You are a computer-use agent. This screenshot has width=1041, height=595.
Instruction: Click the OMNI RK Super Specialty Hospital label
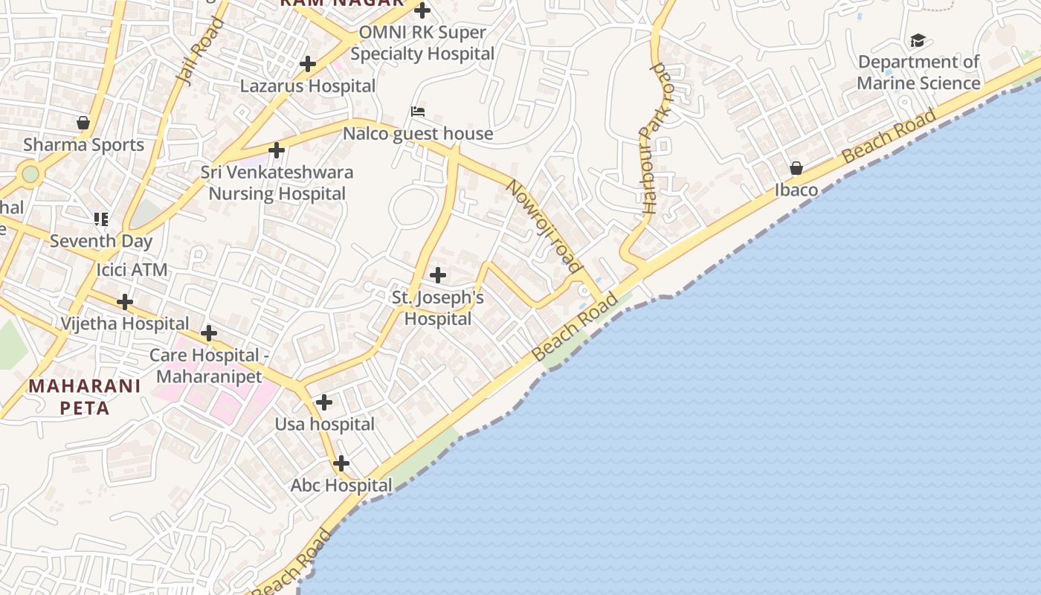tap(422, 43)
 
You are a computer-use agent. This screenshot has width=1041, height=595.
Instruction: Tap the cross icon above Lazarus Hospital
tap(308, 64)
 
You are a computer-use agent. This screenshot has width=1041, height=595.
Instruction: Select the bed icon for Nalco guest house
tap(418, 112)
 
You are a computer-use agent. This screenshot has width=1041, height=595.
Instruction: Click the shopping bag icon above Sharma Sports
tap(83, 123)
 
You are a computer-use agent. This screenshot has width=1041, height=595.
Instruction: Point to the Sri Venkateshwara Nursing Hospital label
tap(277, 183)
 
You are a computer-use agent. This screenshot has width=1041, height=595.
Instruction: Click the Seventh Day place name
tap(101, 241)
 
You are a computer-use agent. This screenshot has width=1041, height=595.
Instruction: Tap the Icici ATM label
tap(132, 269)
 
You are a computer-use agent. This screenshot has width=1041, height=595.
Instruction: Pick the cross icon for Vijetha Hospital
tap(125, 302)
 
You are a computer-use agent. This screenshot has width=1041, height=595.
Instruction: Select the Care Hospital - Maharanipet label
tap(209, 365)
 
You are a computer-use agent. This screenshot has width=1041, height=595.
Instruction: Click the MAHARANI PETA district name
tap(84, 396)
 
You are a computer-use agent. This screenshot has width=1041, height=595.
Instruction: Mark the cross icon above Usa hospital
tap(324, 402)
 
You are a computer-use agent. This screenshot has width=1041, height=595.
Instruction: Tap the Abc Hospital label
tap(341, 486)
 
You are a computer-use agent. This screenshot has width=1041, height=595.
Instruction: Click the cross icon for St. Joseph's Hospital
tap(438, 276)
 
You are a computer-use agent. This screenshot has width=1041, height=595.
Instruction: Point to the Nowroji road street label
tap(543, 225)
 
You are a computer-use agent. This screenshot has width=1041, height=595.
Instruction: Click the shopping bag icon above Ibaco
tap(796, 168)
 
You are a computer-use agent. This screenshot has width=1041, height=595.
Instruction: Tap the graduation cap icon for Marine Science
tap(918, 40)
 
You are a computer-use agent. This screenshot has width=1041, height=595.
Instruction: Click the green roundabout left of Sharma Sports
tap(30, 174)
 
